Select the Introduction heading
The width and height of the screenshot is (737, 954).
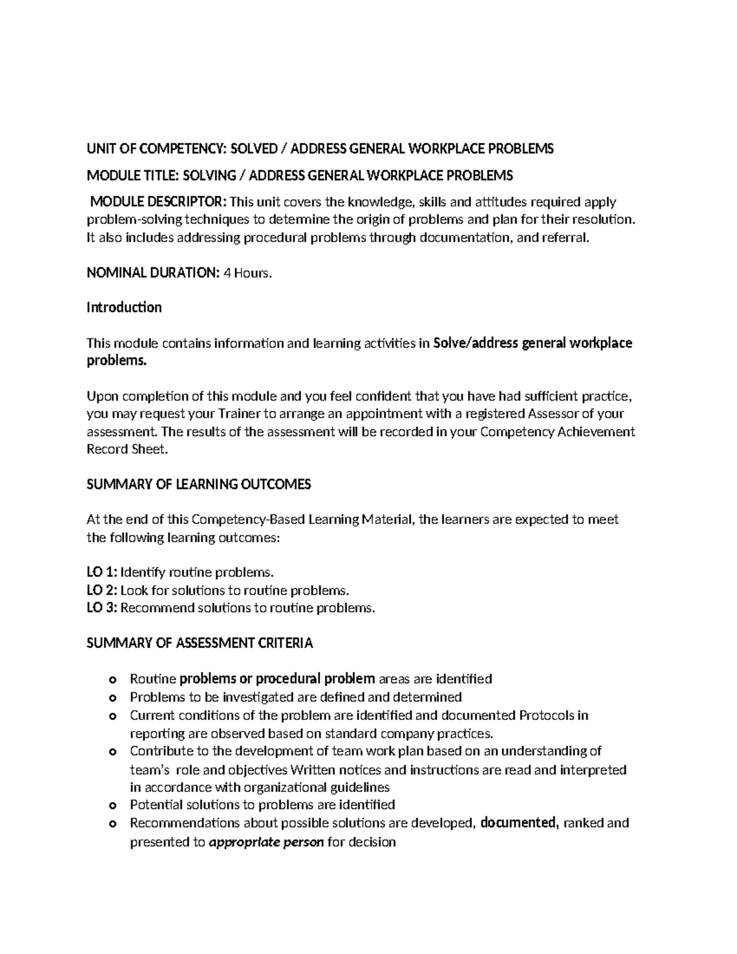[x=124, y=307]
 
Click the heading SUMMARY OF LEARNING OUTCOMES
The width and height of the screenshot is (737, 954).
[x=199, y=484]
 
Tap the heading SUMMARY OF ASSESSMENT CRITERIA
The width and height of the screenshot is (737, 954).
[x=200, y=643]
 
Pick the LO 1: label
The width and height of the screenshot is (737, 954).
[x=101, y=573]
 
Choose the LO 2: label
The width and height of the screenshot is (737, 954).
[x=101, y=590]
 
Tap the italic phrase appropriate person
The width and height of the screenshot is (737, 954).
[x=267, y=842]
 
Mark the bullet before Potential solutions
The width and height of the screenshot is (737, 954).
[x=112, y=805]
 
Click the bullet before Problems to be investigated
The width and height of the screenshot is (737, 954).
[x=112, y=698]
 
